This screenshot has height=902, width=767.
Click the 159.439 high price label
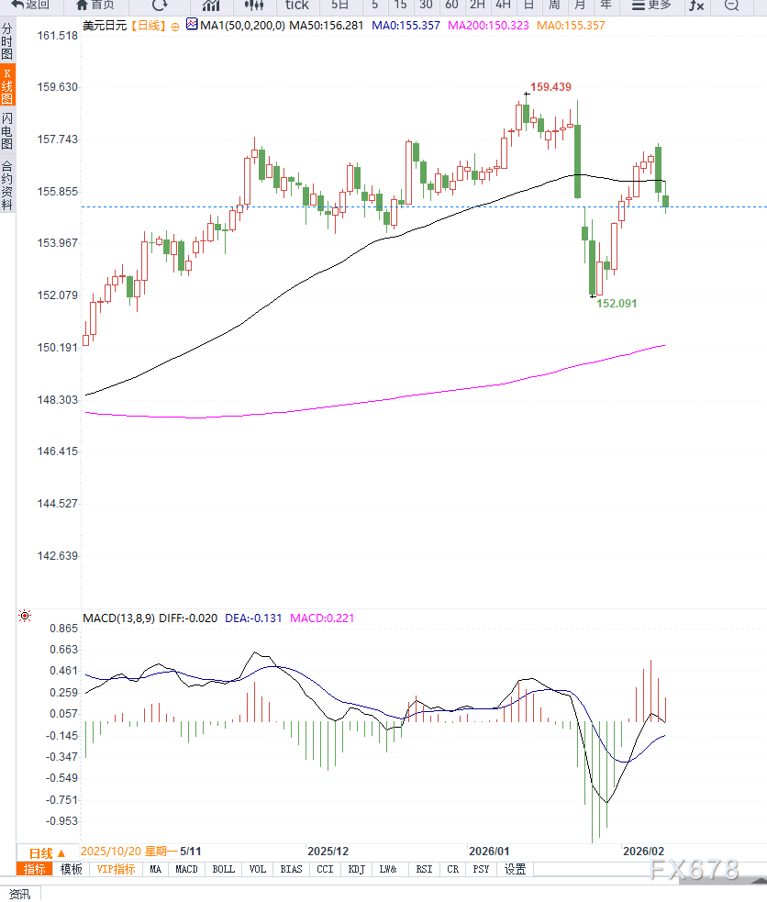click(x=550, y=87)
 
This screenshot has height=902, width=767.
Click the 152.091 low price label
click(x=617, y=303)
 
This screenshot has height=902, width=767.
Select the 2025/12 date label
click(x=328, y=852)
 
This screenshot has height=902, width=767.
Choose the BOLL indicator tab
click(x=223, y=869)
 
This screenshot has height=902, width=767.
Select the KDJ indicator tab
click(x=357, y=869)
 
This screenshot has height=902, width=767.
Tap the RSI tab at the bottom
click(x=424, y=869)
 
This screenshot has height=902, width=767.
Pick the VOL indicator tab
click(x=257, y=869)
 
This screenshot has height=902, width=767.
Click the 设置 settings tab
click(x=516, y=869)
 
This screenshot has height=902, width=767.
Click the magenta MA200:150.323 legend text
click(x=488, y=26)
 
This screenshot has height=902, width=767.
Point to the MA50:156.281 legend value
click(x=327, y=26)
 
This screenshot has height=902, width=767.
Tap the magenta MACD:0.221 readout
click(x=322, y=618)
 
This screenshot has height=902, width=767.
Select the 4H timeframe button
click(x=503, y=5)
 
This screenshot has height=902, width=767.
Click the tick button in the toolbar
click(x=296, y=5)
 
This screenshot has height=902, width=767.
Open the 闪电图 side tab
click(x=7, y=130)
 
